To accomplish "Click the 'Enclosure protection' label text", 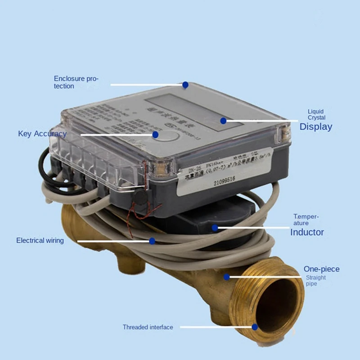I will [x=76, y=82].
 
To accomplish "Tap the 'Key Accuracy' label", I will [x=42, y=134].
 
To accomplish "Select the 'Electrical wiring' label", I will [x=40, y=240].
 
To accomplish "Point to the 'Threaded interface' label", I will [x=148, y=327].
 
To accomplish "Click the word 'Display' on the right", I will [x=316, y=126].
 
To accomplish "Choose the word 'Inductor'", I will [x=307, y=232].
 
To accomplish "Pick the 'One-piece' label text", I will [x=321, y=269].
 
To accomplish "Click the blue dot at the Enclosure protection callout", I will [x=185, y=85].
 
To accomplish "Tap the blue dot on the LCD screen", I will [x=223, y=120].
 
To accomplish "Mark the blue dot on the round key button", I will [x=156, y=134].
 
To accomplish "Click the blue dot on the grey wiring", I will [x=152, y=241].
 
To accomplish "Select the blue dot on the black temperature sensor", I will [x=215, y=228].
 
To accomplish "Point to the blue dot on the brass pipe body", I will [x=227, y=277].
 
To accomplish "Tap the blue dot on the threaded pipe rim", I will [x=255, y=327].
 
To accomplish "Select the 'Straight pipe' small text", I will [x=315, y=281].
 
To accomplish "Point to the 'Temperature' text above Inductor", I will [x=306, y=220].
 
